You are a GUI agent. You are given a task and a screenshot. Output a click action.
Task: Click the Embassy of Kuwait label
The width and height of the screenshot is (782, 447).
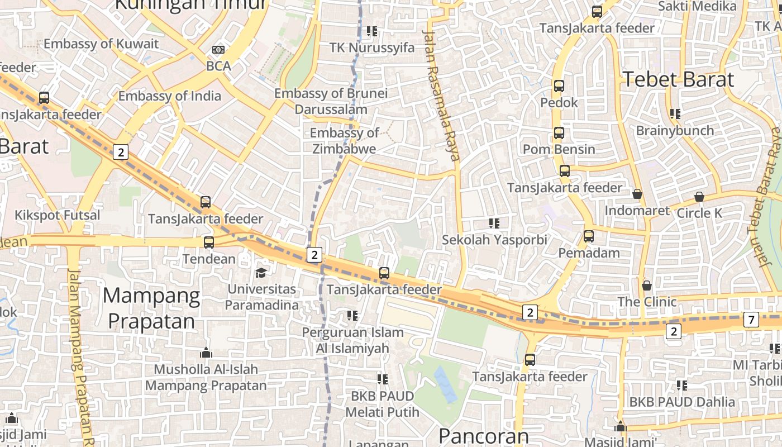pyautogui.click(x=101, y=44)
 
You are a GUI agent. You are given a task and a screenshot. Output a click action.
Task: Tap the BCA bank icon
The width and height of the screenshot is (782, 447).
pyautogui.click(x=218, y=50)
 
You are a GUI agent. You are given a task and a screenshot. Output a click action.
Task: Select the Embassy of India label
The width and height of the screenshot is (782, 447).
pyautogui.click(x=169, y=96)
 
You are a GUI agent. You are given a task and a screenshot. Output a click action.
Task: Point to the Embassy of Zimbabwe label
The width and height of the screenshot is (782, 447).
pyautogui.click(x=344, y=141)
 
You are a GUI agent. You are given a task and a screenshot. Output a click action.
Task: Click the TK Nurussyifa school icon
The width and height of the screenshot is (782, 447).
pyautogui.click(x=372, y=31)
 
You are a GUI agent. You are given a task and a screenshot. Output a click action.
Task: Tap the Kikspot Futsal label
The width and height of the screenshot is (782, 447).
pyautogui.click(x=58, y=215)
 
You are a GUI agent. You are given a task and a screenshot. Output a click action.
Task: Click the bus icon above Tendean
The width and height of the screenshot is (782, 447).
pyautogui.click(x=209, y=242)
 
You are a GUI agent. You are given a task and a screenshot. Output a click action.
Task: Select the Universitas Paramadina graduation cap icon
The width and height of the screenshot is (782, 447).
pyautogui.click(x=261, y=273)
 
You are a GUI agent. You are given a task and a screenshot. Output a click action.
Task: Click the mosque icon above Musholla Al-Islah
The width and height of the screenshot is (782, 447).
pyautogui.click(x=206, y=353)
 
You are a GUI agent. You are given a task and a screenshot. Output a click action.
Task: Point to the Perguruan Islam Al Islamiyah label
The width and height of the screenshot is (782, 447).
pyautogui.click(x=352, y=340)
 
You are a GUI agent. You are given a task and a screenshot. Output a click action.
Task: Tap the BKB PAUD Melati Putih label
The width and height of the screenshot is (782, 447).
pyautogui.click(x=382, y=404)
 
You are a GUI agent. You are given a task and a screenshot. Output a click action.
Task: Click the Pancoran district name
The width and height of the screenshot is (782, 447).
pyautogui.click(x=483, y=436)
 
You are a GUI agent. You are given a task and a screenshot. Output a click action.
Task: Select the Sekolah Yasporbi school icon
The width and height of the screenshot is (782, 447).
pyautogui.click(x=494, y=223)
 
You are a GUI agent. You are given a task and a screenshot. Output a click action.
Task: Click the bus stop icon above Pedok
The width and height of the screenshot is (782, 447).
pyautogui.click(x=559, y=86)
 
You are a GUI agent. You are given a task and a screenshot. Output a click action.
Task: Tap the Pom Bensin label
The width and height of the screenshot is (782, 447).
pyautogui.click(x=559, y=149)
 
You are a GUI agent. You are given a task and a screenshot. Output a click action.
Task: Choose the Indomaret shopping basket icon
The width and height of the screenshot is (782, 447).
pyautogui.click(x=637, y=194)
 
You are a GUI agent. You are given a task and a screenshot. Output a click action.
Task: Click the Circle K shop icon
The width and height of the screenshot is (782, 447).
pyautogui.click(x=699, y=197)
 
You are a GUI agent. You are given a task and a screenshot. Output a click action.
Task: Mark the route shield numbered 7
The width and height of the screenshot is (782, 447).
pyautogui.click(x=751, y=320)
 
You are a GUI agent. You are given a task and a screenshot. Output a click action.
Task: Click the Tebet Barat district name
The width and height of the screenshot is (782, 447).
pyautogui.click(x=678, y=79)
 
